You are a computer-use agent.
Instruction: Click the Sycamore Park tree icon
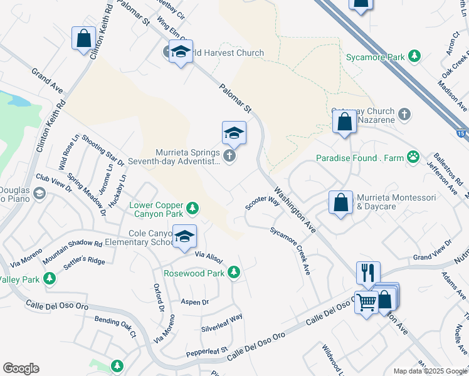point(414,57)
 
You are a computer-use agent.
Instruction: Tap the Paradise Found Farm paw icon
point(413,157)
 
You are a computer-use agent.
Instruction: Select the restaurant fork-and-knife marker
point(368,273)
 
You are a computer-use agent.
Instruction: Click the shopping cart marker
point(366,303)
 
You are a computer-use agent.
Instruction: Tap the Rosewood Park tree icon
point(234,273)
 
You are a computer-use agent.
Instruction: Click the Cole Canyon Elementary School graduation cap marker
point(185,236)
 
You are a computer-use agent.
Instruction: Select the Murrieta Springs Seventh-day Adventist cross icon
point(229,156)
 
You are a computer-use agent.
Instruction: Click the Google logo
point(21,368)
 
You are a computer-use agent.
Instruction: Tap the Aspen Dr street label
point(194,302)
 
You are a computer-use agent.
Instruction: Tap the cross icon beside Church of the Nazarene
point(404,114)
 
